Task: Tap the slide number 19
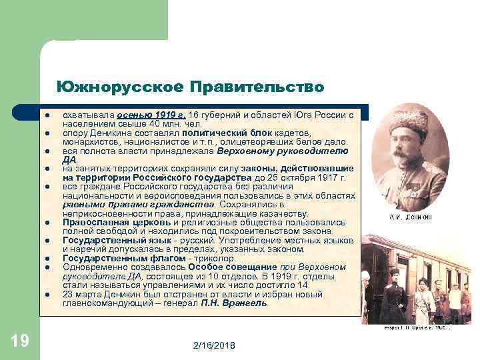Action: tap(20, 341)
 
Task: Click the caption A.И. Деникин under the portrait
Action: tap(410, 217)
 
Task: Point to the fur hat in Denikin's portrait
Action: tap(409, 120)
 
